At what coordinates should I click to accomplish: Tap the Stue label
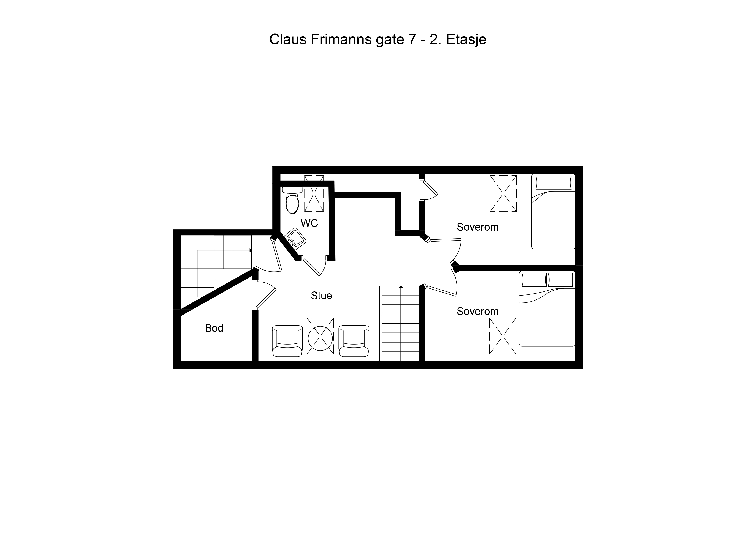[321, 296]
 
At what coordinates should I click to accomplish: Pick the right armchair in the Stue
[354, 341]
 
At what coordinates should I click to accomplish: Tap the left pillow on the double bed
[534, 280]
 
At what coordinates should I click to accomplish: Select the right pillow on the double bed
[560, 280]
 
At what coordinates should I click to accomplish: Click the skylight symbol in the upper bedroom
[503, 194]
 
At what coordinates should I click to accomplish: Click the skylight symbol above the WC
[314, 194]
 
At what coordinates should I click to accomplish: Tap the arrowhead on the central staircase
[400, 287]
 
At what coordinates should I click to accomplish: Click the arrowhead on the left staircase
[251, 250]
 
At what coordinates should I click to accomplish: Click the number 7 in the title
[412, 39]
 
